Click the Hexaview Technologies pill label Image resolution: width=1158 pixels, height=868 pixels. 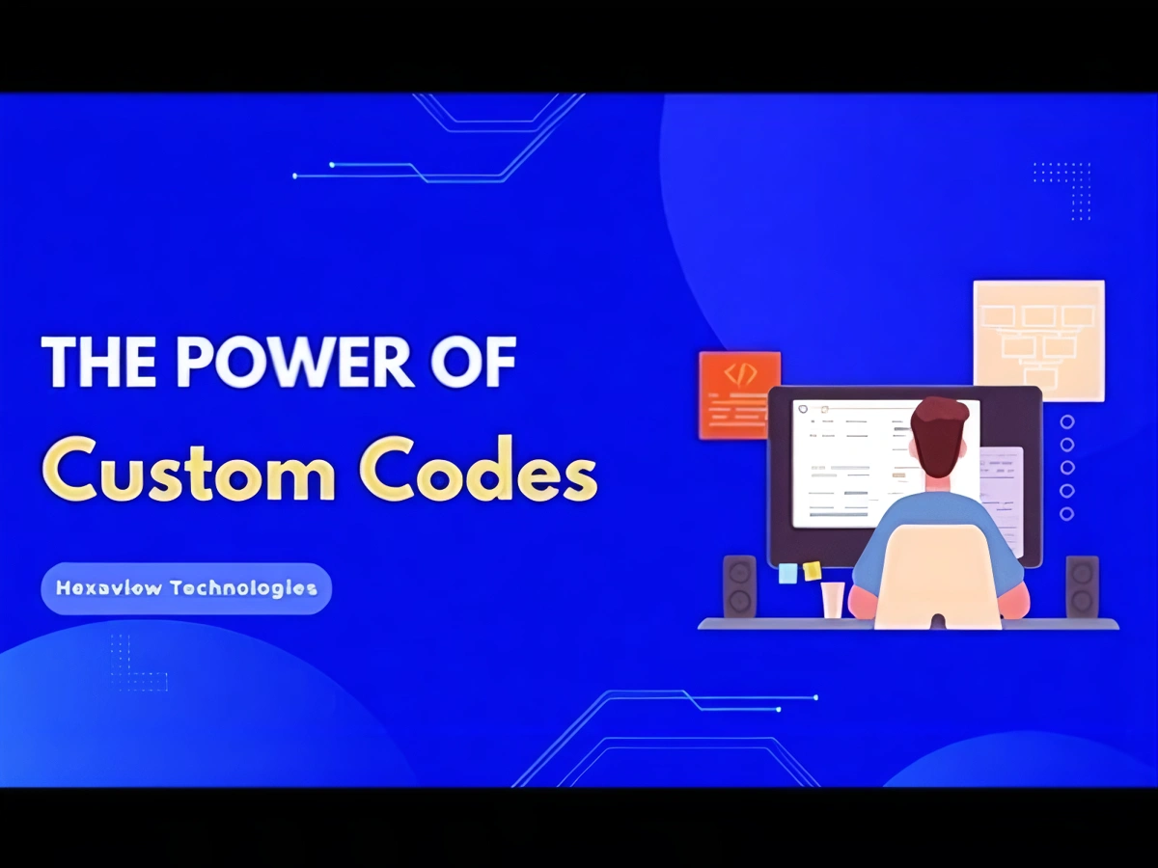(x=186, y=588)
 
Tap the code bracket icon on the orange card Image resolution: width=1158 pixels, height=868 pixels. (x=739, y=374)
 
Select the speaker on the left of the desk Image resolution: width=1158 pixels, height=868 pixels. (x=740, y=586)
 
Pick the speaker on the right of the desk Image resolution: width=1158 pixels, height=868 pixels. (x=1082, y=586)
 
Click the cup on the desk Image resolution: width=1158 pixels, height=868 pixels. (x=832, y=599)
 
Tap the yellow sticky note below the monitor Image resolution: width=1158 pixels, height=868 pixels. (x=813, y=570)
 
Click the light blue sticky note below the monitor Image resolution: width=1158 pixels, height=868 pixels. (x=788, y=573)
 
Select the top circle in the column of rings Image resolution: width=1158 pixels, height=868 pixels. (x=1067, y=421)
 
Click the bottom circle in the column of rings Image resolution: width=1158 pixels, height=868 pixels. (x=1067, y=513)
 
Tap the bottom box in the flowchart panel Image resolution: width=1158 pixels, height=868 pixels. (x=1039, y=378)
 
